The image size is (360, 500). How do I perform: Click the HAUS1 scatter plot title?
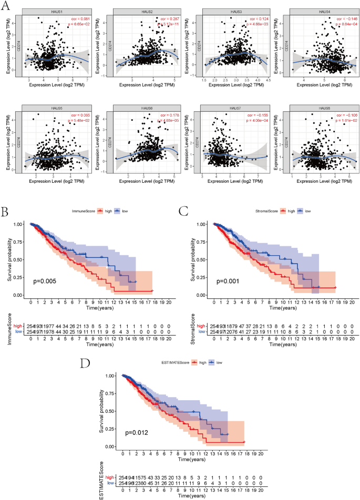coord(54,12)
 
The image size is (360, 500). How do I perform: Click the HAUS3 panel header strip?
coord(227,12)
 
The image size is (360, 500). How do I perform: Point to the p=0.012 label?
coord(137,432)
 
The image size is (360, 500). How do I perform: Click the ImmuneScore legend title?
coord(87,211)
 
